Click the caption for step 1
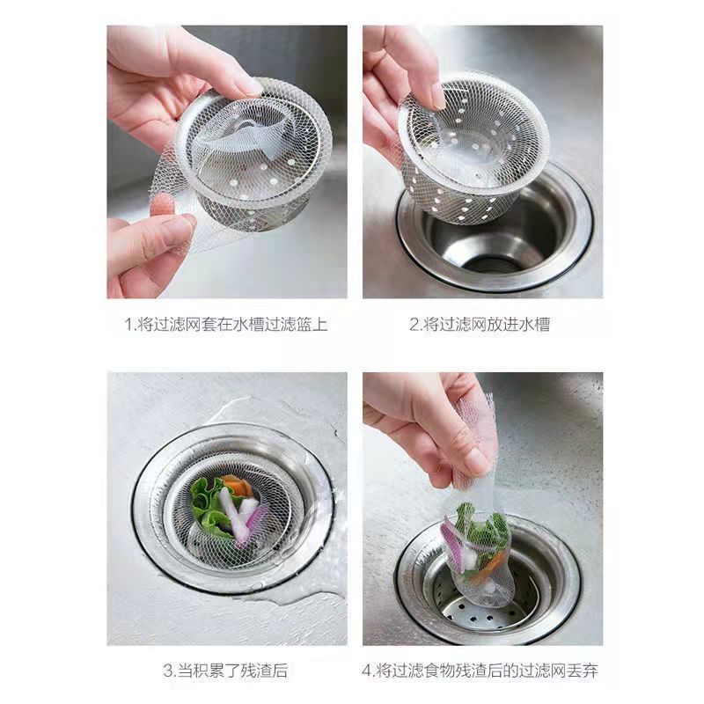point(226,325)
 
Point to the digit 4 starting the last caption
point(366,671)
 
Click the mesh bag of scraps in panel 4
point(475,546)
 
